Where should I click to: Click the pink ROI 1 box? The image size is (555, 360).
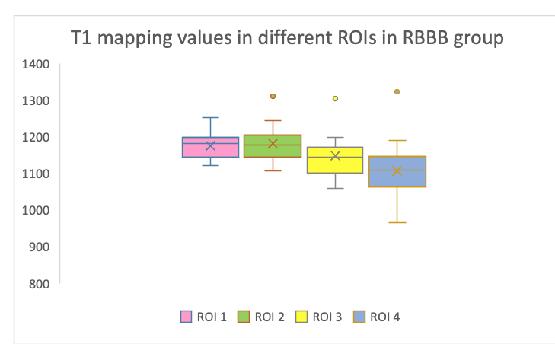(211, 147)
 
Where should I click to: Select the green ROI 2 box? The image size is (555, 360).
(273, 146)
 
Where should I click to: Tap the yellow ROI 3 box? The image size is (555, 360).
(335, 160)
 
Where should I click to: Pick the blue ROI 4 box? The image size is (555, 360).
(397, 171)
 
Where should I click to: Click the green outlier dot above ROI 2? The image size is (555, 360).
(273, 97)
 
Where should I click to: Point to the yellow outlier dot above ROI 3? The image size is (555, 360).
(335, 98)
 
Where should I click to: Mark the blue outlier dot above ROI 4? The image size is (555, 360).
(397, 91)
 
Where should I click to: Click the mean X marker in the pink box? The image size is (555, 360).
(211, 145)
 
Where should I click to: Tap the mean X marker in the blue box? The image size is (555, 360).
(397, 170)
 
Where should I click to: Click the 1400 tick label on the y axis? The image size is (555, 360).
(36, 65)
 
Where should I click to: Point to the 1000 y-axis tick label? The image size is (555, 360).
(36, 211)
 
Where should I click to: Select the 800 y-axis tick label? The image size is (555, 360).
(39, 284)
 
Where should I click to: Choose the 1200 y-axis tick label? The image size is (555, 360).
(36, 137)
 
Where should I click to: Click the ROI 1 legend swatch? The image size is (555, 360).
(186, 317)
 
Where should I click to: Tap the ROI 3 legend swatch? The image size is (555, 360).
(301, 317)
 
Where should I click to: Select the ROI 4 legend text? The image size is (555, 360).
(384, 317)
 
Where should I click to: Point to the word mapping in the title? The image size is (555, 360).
(135, 39)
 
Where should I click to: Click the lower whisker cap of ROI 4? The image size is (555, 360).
(397, 223)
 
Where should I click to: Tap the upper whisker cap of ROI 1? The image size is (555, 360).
(211, 117)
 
